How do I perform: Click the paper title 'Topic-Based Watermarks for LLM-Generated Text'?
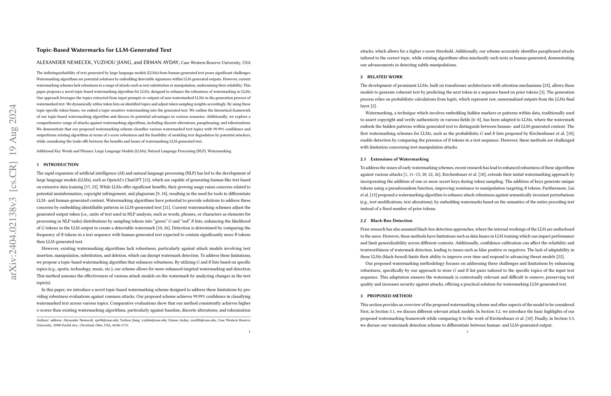click(x=104, y=50)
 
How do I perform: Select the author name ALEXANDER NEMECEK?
click(x=64, y=62)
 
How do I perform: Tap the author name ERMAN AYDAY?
click(x=161, y=62)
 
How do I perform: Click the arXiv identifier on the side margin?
click(x=13, y=191)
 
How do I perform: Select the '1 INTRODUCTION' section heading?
click(x=57, y=164)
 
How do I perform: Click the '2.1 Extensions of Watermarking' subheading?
click(x=394, y=159)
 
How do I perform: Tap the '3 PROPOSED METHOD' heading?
click(x=387, y=296)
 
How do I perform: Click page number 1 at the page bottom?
click(x=249, y=331)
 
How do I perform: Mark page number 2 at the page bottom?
click(x=467, y=332)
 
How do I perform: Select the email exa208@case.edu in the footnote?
click(x=203, y=320)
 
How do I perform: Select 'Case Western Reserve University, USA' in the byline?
click(x=216, y=63)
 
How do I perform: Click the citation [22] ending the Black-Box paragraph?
click(x=560, y=257)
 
